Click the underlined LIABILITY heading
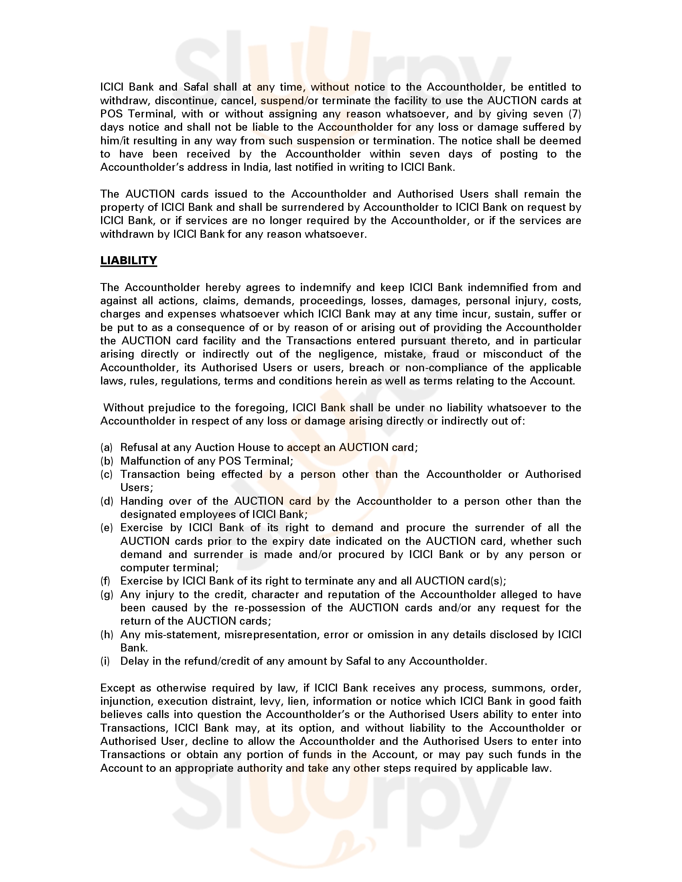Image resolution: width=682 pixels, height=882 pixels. [x=128, y=261]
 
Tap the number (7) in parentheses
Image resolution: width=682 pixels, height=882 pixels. [x=574, y=114]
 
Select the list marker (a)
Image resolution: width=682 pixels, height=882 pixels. [x=106, y=447]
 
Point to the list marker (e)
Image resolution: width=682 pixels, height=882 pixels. [x=106, y=528]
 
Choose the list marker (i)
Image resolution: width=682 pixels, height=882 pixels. [x=105, y=661]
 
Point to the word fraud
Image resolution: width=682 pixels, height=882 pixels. [x=446, y=354]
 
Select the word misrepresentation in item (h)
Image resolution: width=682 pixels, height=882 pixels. [x=270, y=635]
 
